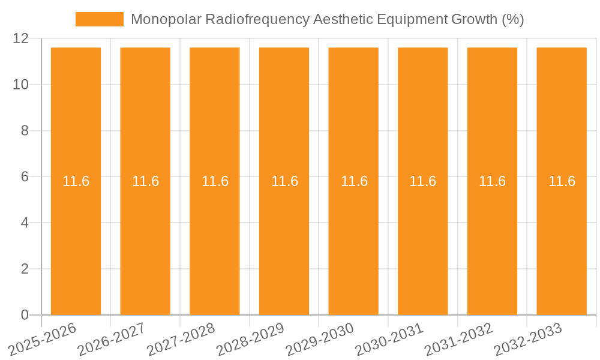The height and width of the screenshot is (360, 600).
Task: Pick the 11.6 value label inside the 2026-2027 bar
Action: click(145, 181)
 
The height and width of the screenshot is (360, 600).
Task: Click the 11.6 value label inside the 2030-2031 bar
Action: click(422, 181)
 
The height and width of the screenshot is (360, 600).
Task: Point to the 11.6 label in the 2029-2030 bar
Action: click(354, 181)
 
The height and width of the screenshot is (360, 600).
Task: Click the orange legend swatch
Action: click(99, 19)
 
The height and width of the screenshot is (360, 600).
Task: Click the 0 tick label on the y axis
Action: click(25, 315)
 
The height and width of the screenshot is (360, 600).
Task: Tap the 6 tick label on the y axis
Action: click(25, 177)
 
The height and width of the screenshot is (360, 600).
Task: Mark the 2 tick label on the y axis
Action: click(25, 269)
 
